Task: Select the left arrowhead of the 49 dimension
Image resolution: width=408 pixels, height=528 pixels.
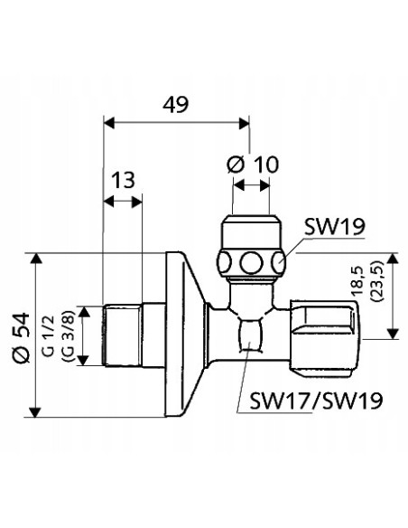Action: coord(109,120)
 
